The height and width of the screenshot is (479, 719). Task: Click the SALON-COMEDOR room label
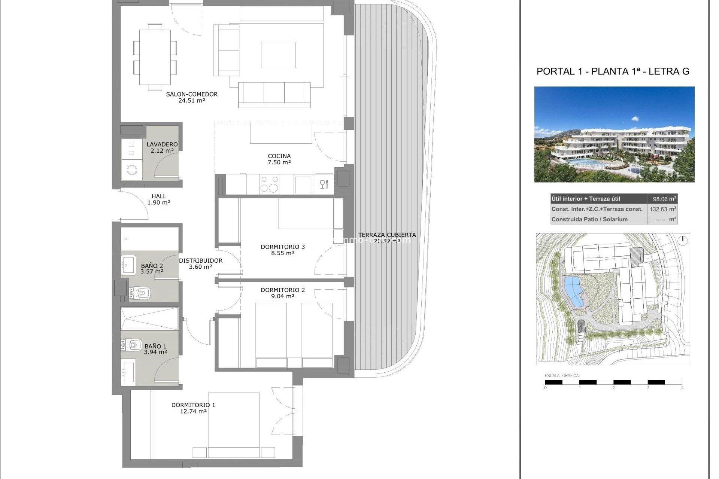click(192, 94)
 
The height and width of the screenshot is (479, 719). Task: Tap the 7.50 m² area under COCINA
click(279, 162)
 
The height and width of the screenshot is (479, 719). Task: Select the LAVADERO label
click(162, 144)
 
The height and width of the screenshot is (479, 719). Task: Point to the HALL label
click(159, 196)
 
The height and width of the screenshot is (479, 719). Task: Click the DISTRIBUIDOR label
click(200, 260)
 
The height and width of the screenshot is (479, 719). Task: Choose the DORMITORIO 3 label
click(283, 247)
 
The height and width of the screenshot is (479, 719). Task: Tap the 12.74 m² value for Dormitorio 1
click(193, 411)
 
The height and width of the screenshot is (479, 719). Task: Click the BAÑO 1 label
click(155, 347)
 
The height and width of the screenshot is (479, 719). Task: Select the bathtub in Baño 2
click(149, 239)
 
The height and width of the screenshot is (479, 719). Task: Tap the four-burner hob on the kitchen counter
click(269, 184)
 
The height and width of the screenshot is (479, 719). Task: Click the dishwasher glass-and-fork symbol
click(324, 184)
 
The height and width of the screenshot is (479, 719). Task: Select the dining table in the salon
click(155, 57)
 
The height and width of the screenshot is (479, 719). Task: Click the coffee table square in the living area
click(278, 55)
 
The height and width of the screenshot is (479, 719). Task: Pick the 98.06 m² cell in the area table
click(662, 199)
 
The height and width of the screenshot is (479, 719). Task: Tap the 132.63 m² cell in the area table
click(662, 209)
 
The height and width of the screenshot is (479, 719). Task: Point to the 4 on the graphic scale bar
click(682, 388)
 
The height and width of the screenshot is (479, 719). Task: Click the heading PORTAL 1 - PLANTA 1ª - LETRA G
click(613, 71)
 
